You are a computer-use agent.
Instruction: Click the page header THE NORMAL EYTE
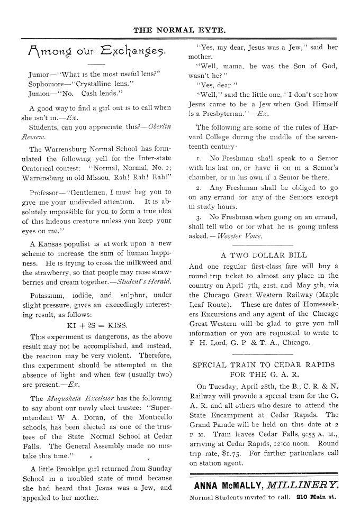coord(179,30)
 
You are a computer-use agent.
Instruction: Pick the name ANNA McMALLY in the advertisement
coord(229,485)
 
